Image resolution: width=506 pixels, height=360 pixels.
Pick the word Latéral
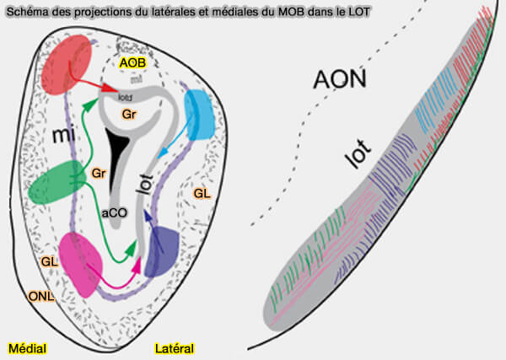(x=175, y=347)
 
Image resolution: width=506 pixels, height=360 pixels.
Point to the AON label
(x=340, y=80)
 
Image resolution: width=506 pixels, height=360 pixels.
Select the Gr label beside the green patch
(x=99, y=173)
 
